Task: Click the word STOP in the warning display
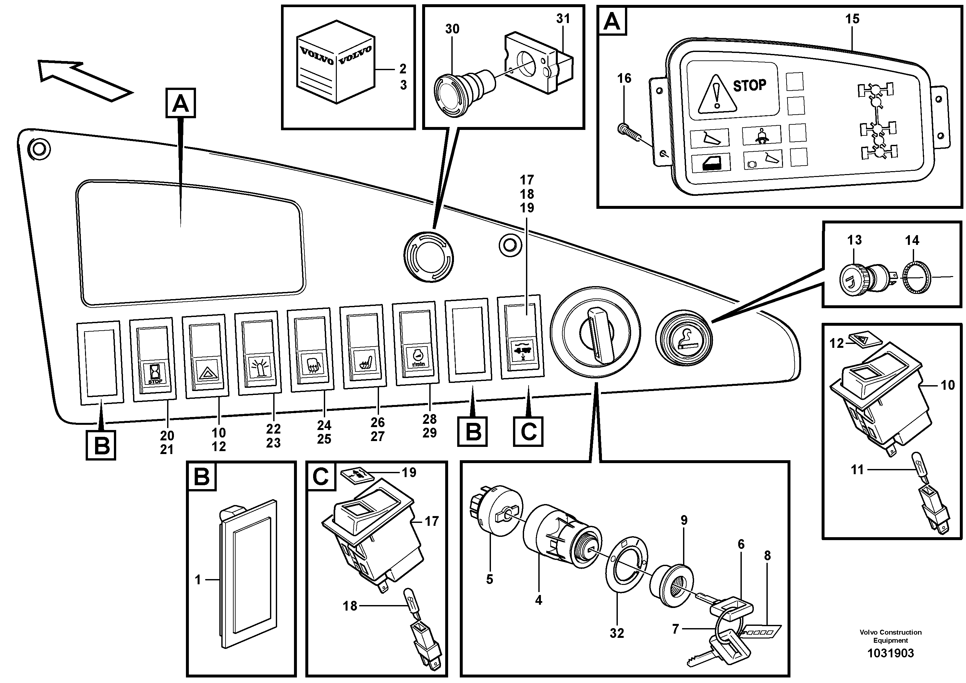(749, 86)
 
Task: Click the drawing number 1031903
(890, 653)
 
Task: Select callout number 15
(852, 19)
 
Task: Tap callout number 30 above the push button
(452, 29)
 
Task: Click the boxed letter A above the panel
(180, 102)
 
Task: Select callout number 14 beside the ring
(912, 240)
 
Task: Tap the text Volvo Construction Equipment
(890, 636)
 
